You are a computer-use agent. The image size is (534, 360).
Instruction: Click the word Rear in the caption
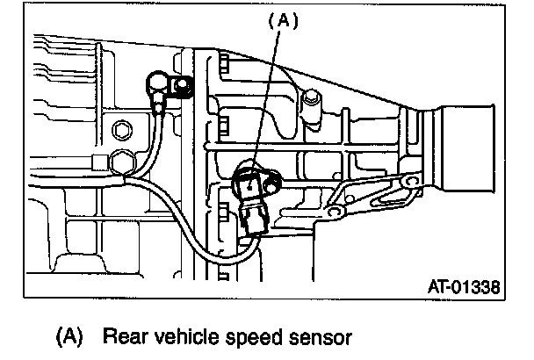tap(123, 335)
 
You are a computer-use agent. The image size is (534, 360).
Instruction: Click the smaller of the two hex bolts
tap(121, 133)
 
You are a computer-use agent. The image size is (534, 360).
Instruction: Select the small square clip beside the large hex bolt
tap(98, 162)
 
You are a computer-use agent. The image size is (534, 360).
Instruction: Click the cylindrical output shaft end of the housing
tap(474, 149)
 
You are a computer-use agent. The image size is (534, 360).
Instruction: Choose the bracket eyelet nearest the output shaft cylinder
tap(407, 184)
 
